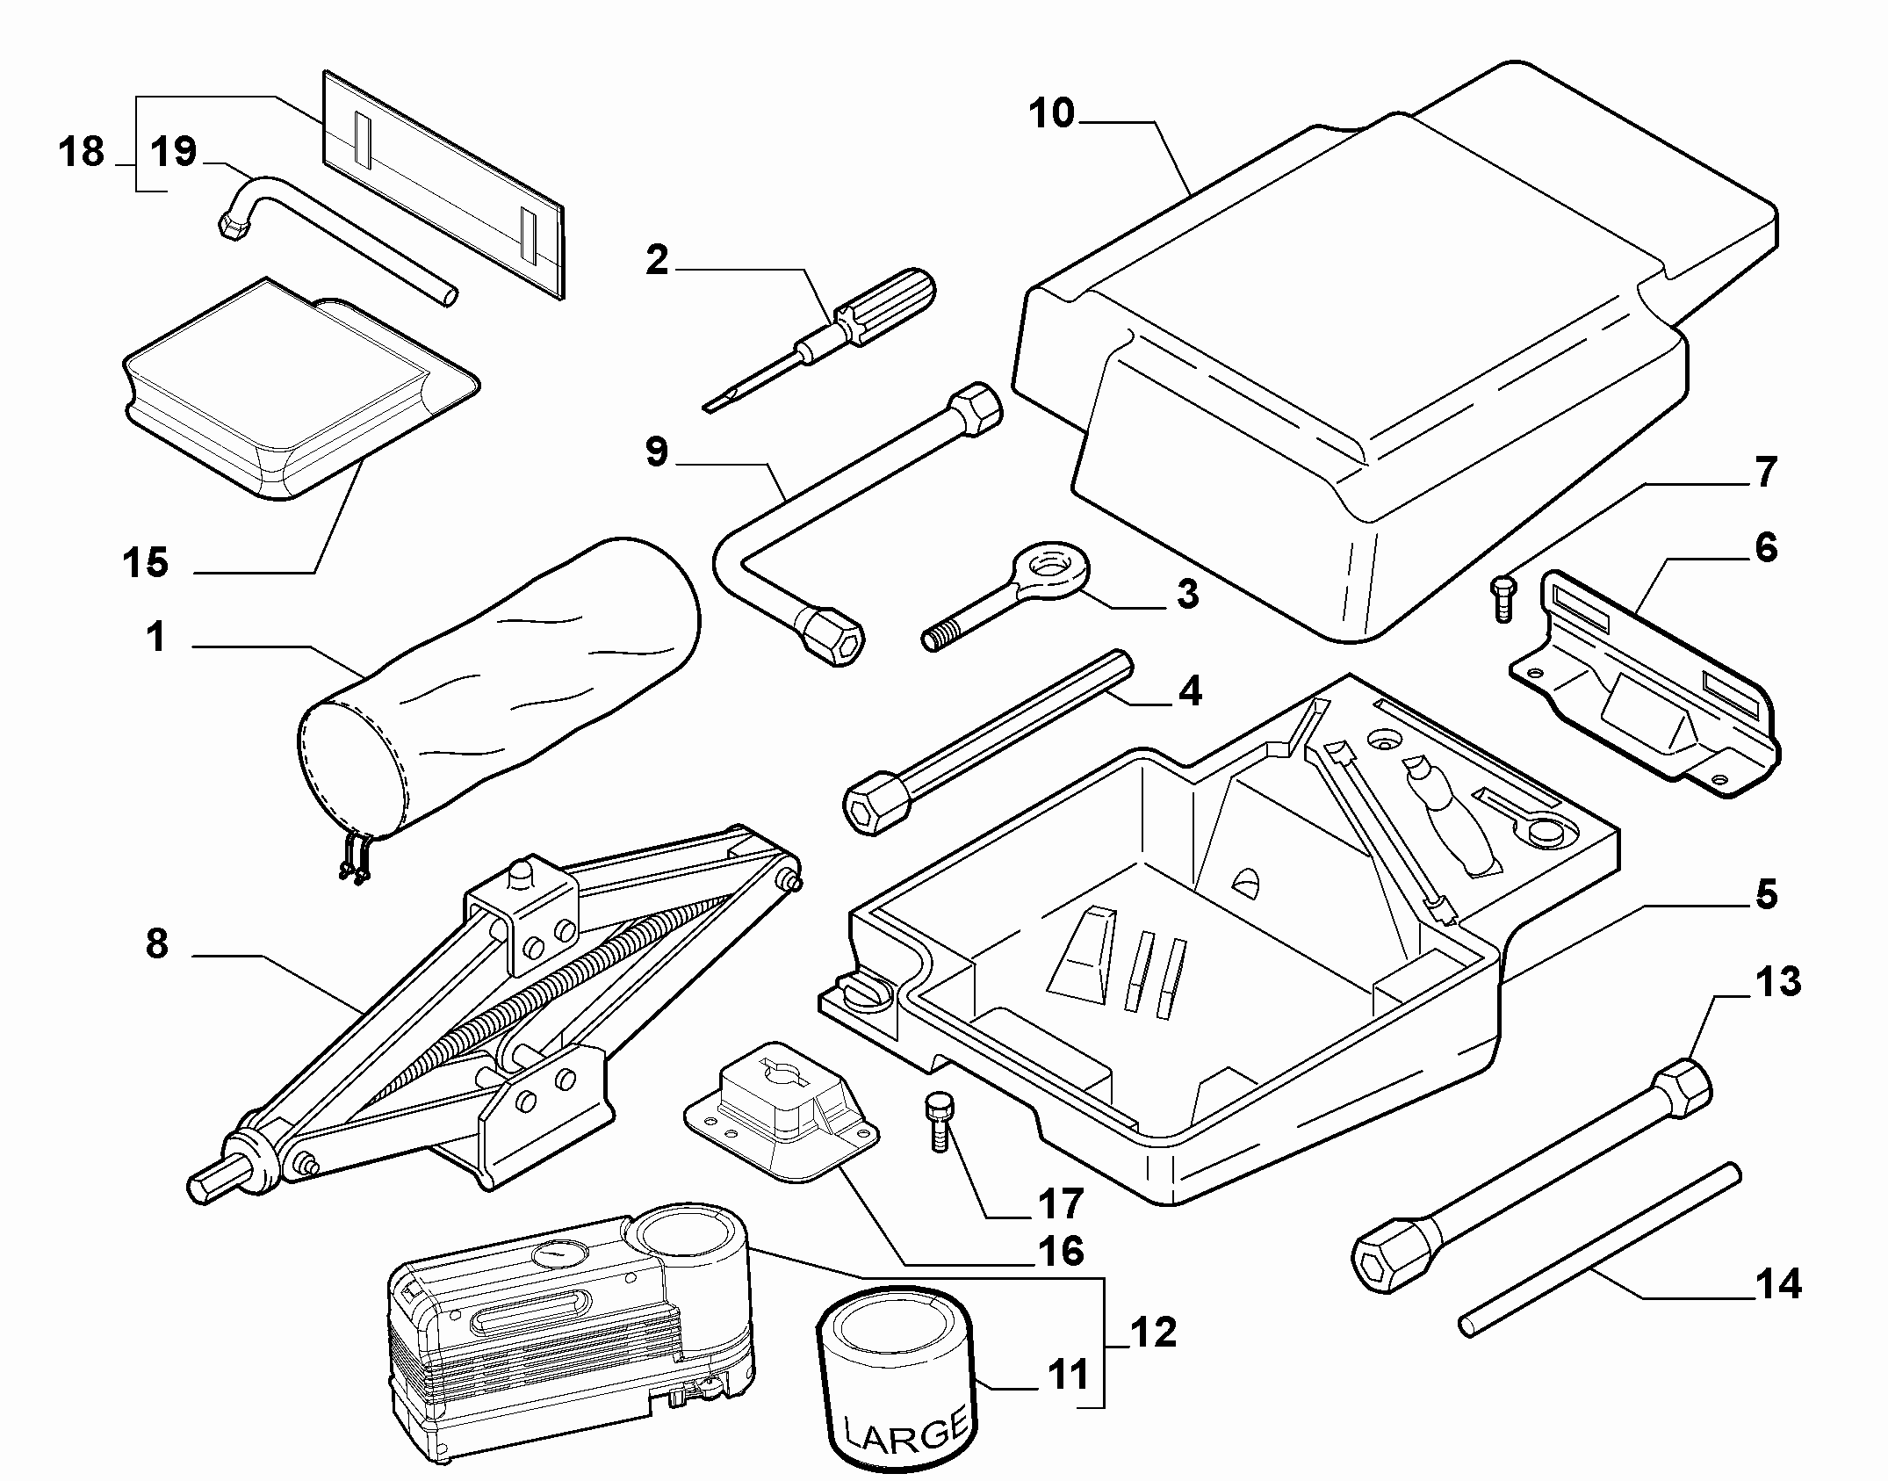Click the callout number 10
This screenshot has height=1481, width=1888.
click(x=1051, y=114)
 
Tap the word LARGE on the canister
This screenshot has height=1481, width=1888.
click(x=904, y=1431)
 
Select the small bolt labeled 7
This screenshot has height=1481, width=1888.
click(x=1502, y=598)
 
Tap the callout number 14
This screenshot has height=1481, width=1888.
click(x=1777, y=1284)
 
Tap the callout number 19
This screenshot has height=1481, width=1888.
click(x=173, y=151)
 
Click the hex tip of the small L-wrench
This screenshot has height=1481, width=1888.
click(x=230, y=228)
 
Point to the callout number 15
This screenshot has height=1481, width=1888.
click(x=145, y=563)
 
